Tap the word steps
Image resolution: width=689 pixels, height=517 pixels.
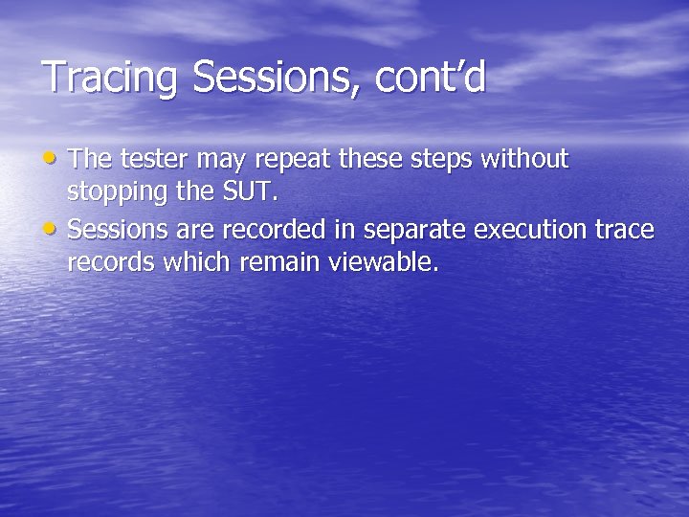pyautogui.click(x=449, y=159)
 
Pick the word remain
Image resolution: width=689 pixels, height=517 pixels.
pyautogui.click(x=282, y=263)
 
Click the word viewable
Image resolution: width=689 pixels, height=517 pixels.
pyautogui.click(x=383, y=263)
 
